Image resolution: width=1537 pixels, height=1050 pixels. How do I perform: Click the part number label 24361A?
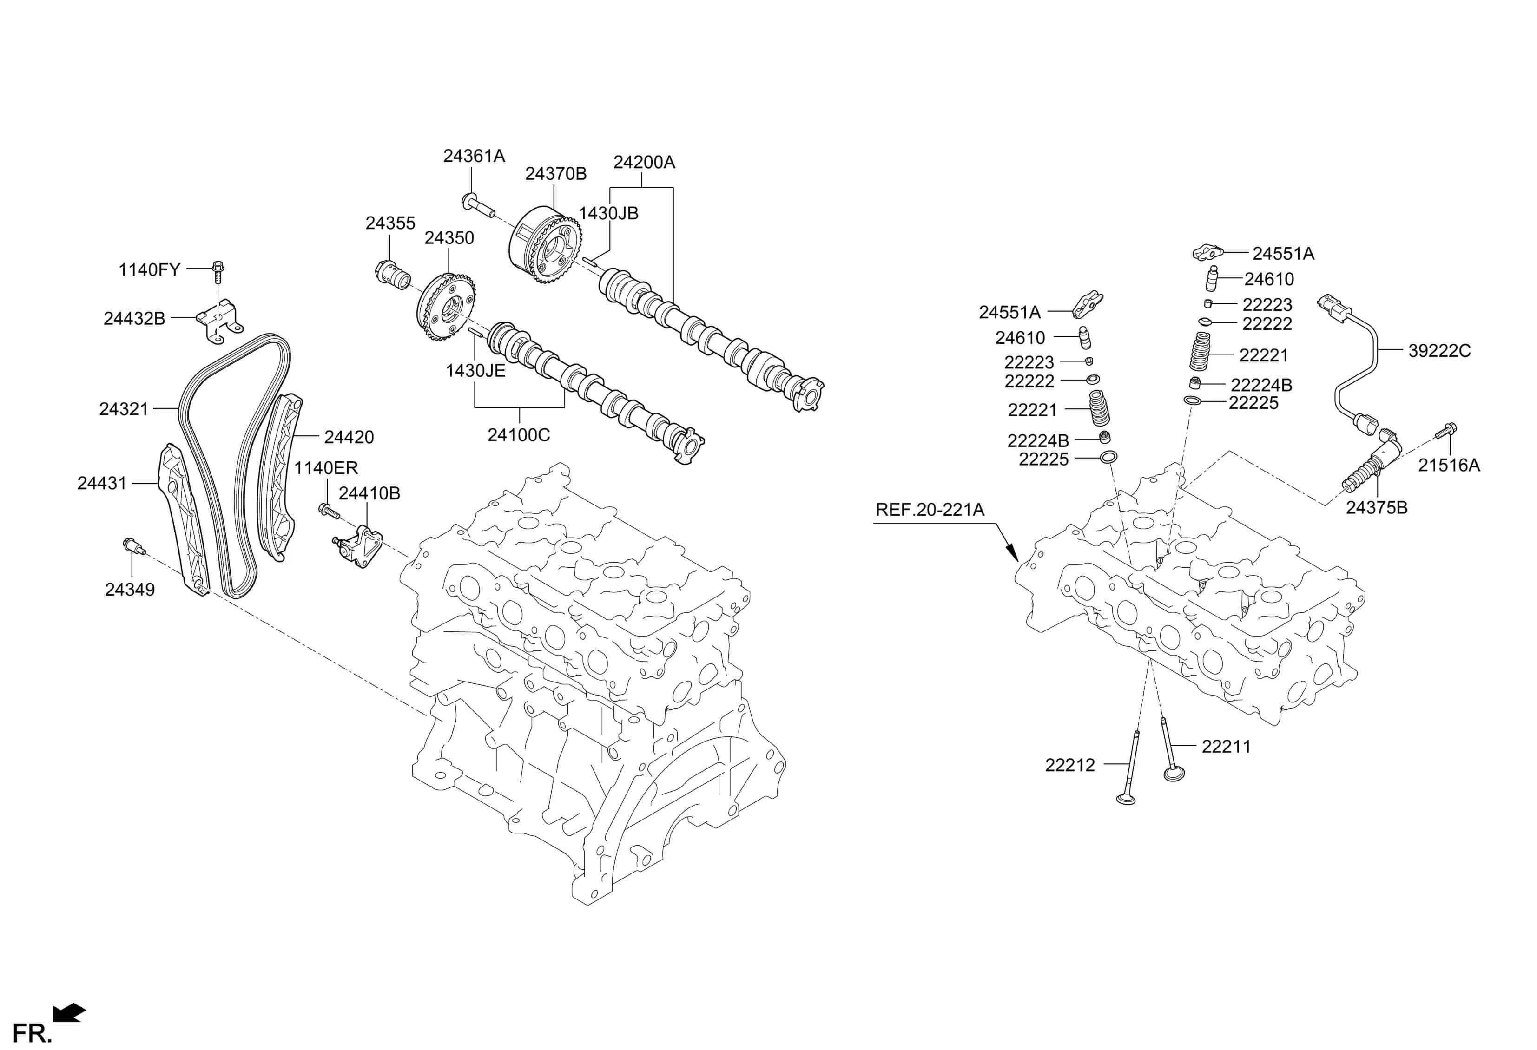pos(474,156)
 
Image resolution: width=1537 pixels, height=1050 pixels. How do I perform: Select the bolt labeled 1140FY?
pos(218,268)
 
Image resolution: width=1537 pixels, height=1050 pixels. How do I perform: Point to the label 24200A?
pos(644,163)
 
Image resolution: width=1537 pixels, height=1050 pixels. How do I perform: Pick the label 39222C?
pos(1439,351)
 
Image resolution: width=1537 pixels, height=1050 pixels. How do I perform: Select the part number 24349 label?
pos(130,589)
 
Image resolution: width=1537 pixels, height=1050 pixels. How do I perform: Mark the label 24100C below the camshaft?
pos(519,435)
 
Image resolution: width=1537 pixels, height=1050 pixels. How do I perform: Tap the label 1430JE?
pos(475,371)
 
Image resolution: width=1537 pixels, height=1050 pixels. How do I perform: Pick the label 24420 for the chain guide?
pos(349,437)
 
